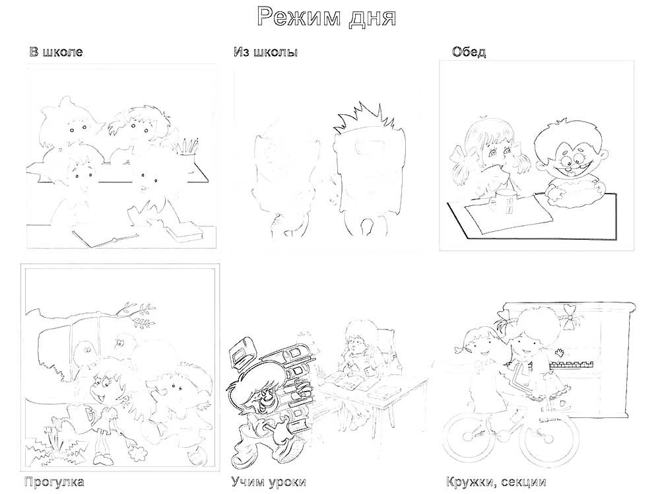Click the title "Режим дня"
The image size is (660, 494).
pyautogui.click(x=327, y=18)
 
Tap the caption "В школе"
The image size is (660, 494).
pyautogui.click(x=56, y=52)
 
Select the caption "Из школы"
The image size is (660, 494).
pyautogui.click(x=265, y=52)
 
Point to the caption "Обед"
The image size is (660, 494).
pyautogui.click(x=469, y=52)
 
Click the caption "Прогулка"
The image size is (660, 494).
pyautogui.click(x=54, y=482)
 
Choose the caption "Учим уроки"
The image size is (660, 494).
pyautogui.click(x=269, y=482)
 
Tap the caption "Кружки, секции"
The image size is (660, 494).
pyautogui.click(x=496, y=482)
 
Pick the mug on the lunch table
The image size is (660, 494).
pyautogui.click(x=504, y=201)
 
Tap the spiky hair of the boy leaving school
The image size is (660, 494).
pyautogui.click(x=364, y=118)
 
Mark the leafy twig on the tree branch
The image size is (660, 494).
pyautogui.click(x=135, y=314)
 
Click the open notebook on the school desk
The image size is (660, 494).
pyautogui.click(x=105, y=239)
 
